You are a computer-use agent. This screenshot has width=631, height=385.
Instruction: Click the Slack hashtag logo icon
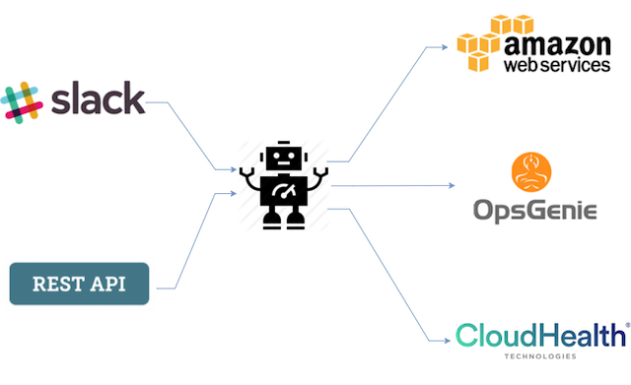click(x=22, y=102)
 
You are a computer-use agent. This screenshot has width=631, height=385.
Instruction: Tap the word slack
click(x=99, y=97)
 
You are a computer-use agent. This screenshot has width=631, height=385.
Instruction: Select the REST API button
click(x=79, y=284)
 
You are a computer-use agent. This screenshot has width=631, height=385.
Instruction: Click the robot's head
click(x=284, y=158)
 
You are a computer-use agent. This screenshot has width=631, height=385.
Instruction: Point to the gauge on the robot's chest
click(x=284, y=190)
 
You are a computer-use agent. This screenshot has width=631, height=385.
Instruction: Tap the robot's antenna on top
click(x=284, y=143)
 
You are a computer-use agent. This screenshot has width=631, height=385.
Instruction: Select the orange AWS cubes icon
click(x=495, y=43)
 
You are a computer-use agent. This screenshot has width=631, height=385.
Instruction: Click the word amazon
click(x=557, y=45)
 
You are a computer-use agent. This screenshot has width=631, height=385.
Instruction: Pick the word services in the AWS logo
click(x=579, y=65)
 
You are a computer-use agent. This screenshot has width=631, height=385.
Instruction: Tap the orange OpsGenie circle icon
click(x=531, y=172)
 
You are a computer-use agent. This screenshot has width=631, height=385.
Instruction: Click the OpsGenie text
click(x=534, y=210)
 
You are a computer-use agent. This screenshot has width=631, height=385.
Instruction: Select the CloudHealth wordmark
click(x=541, y=335)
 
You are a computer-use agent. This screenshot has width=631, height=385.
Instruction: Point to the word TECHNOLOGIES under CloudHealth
click(x=540, y=356)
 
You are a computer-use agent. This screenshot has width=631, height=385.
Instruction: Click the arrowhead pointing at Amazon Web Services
click(x=445, y=47)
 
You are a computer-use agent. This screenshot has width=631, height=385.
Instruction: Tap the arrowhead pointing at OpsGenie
click(x=452, y=185)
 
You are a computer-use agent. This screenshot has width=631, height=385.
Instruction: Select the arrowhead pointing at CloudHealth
click(x=447, y=341)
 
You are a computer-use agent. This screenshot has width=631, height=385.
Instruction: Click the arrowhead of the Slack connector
click(x=233, y=169)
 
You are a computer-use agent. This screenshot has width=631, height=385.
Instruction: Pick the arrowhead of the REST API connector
click(x=233, y=193)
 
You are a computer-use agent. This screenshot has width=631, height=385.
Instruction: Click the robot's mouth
click(x=284, y=163)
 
